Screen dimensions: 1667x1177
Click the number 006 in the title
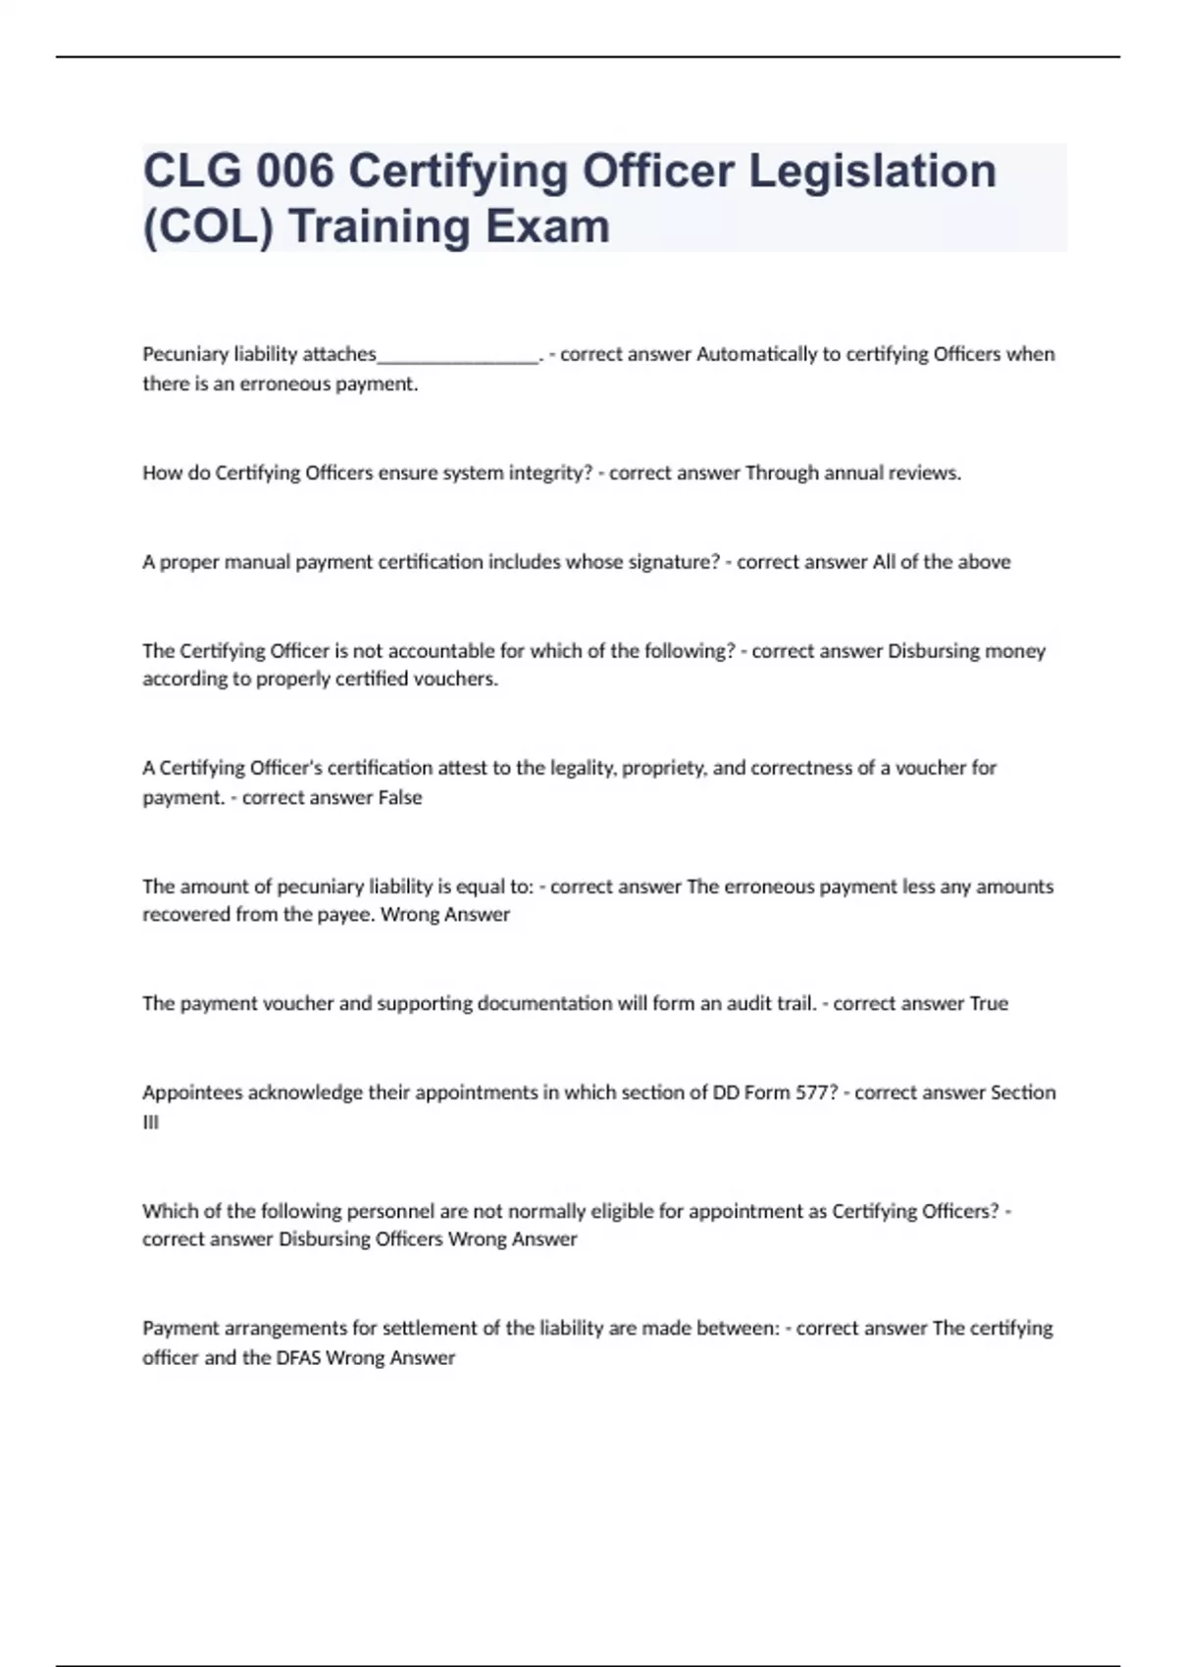tap(294, 172)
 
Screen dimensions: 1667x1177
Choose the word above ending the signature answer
tap(984, 562)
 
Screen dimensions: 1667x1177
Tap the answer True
tap(989, 1003)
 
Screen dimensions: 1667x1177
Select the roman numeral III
tap(150, 1123)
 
